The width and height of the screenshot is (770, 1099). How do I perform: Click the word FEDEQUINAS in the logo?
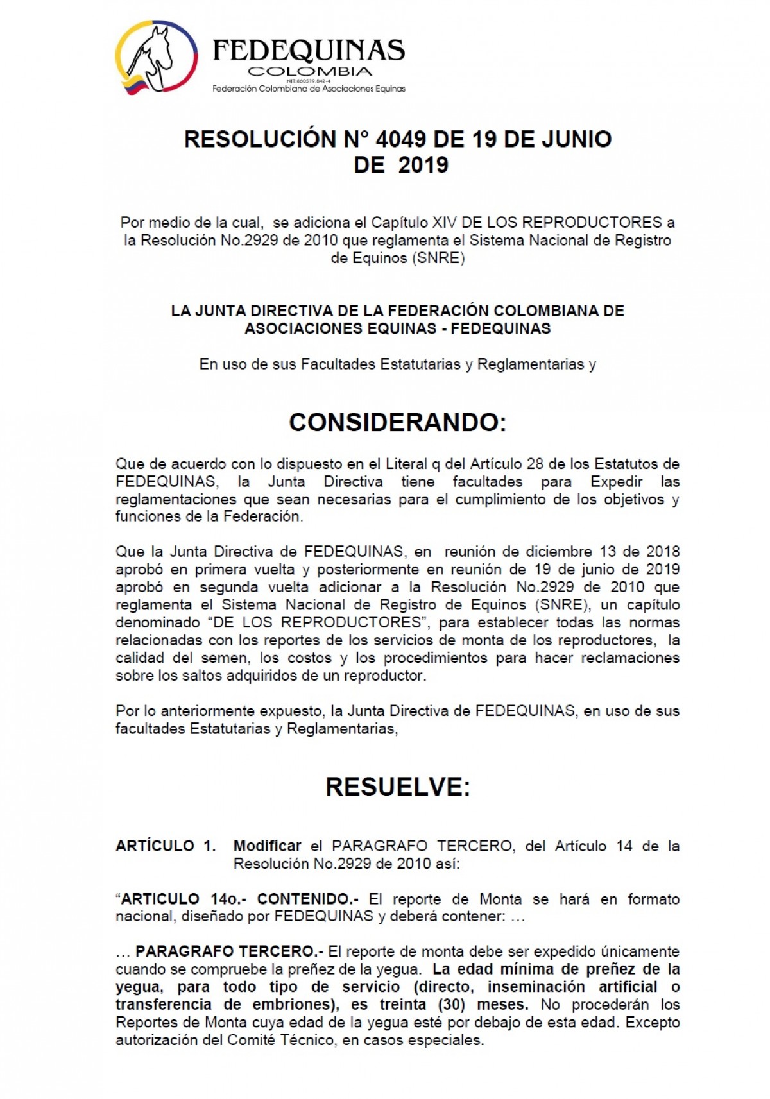pyautogui.click(x=308, y=50)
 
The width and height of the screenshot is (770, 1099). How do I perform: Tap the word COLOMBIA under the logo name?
pyautogui.click(x=309, y=71)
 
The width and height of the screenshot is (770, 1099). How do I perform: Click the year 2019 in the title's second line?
pyautogui.click(x=423, y=166)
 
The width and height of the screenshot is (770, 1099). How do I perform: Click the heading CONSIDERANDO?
pyautogui.click(x=398, y=422)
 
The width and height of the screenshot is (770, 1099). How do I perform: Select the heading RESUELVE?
pyautogui.click(x=398, y=787)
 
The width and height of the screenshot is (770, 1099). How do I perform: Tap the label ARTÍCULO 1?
pyautogui.click(x=166, y=846)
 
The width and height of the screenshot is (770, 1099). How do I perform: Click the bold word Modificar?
pyautogui.click(x=267, y=846)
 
